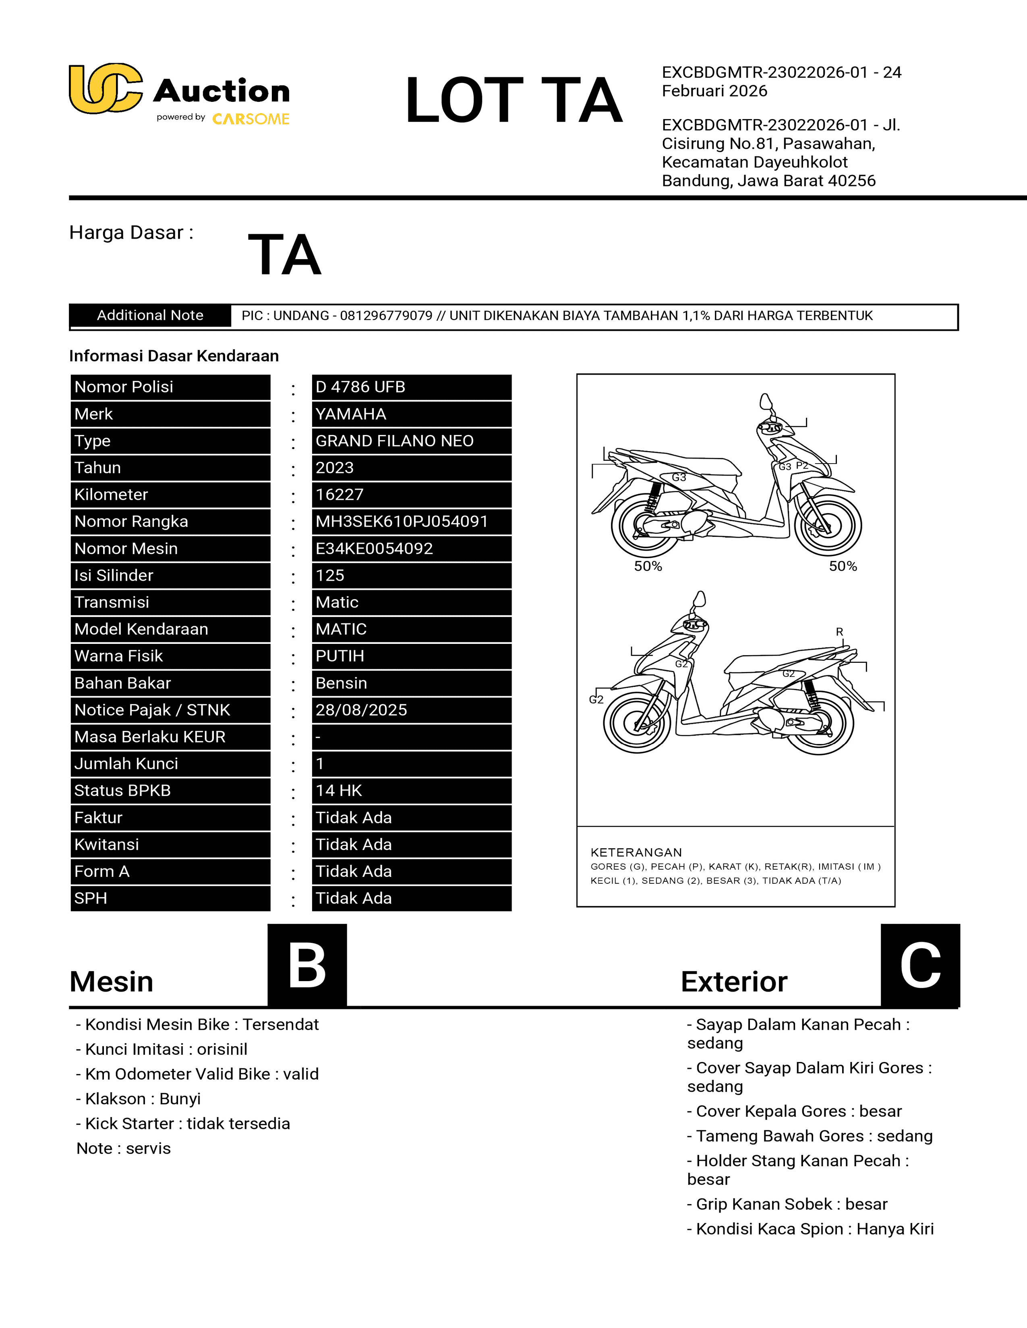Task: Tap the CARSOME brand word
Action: (251, 119)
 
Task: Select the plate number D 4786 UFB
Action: (360, 387)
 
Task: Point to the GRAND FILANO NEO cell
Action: (394, 441)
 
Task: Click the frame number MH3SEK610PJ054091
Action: (402, 522)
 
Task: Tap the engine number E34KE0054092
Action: (374, 549)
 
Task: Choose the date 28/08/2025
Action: (361, 710)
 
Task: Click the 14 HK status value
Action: (339, 790)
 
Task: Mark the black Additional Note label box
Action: (150, 316)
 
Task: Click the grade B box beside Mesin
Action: (307, 965)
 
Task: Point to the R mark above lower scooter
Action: (840, 632)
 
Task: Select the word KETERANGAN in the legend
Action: (636, 852)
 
